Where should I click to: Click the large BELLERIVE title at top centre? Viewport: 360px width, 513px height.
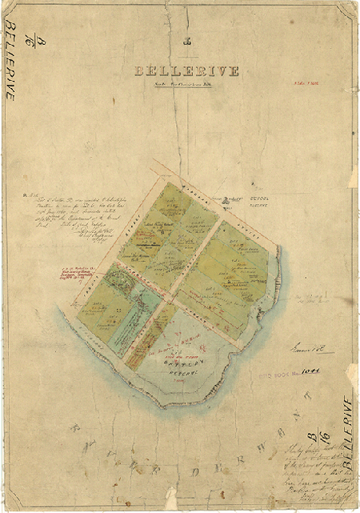click(186, 71)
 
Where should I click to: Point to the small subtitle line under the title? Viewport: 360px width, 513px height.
click(186, 84)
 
